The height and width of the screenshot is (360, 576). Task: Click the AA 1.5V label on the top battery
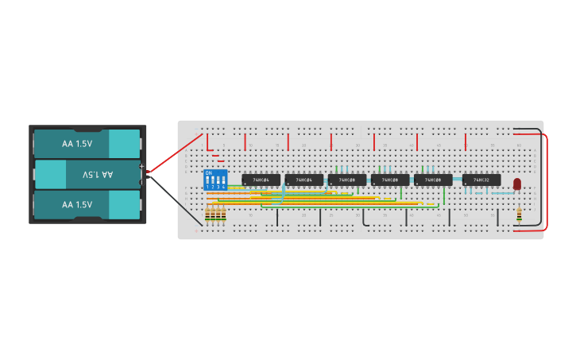click(x=77, y=144)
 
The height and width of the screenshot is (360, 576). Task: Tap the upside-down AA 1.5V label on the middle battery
click(x=98, y=174)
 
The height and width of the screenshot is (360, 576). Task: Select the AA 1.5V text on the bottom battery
click(x=77, y=204)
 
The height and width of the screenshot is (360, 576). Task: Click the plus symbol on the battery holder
click(x=141, y=166)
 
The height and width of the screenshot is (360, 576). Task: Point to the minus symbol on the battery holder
click(x=141, y=181)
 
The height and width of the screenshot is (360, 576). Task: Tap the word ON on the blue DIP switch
click(x=208, y=172)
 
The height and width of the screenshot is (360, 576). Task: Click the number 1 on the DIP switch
click(x=207, y=187)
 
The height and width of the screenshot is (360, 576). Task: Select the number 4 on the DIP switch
click(x=223, y=187)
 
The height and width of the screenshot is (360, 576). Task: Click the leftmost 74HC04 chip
click(x=261, y=180)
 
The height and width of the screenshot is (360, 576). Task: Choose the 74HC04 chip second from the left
click(x=303, y=180)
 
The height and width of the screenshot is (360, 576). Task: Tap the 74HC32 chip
click(x=481, y=180)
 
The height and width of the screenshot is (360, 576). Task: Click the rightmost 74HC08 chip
click(x=433, y=180)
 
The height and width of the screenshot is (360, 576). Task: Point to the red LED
click(x=517, y=184)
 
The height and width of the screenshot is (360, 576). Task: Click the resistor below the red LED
click(x=519, y=213)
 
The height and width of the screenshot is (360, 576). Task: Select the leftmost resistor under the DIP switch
click(x=208, y=215)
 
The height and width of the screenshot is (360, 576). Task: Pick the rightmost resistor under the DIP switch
click(x=224, y=215)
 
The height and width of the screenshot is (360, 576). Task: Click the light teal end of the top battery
click(x=124, y=144)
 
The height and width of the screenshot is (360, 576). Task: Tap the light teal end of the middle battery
click(x=50, y=174)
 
